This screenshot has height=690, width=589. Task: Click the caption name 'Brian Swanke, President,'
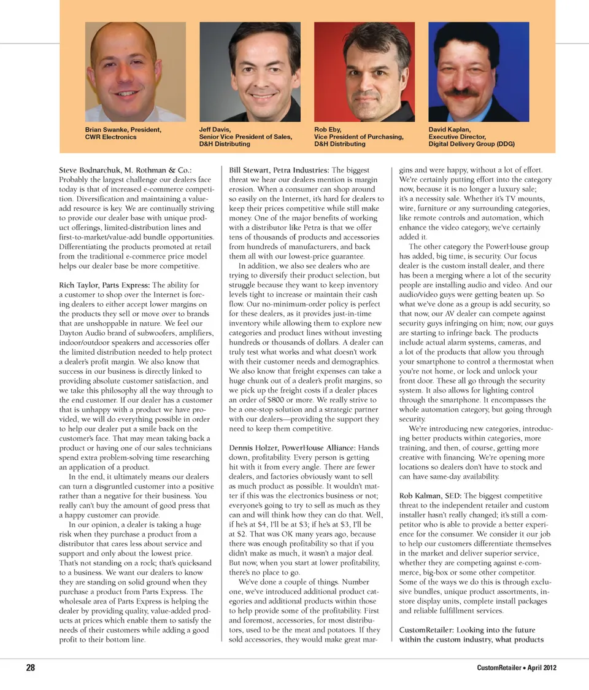123,130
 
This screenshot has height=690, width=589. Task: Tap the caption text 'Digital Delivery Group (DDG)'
471,144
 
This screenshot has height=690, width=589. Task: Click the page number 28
29,668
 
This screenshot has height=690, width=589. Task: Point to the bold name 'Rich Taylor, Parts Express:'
104,285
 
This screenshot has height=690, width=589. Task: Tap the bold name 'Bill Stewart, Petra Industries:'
279,169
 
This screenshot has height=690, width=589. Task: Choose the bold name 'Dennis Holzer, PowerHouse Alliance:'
291,448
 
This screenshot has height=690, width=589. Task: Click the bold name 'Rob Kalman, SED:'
429,495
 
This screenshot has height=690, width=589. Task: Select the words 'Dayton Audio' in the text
83,333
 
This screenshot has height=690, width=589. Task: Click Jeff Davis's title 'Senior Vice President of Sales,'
245,137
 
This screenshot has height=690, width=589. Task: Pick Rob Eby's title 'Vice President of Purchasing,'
359,137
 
